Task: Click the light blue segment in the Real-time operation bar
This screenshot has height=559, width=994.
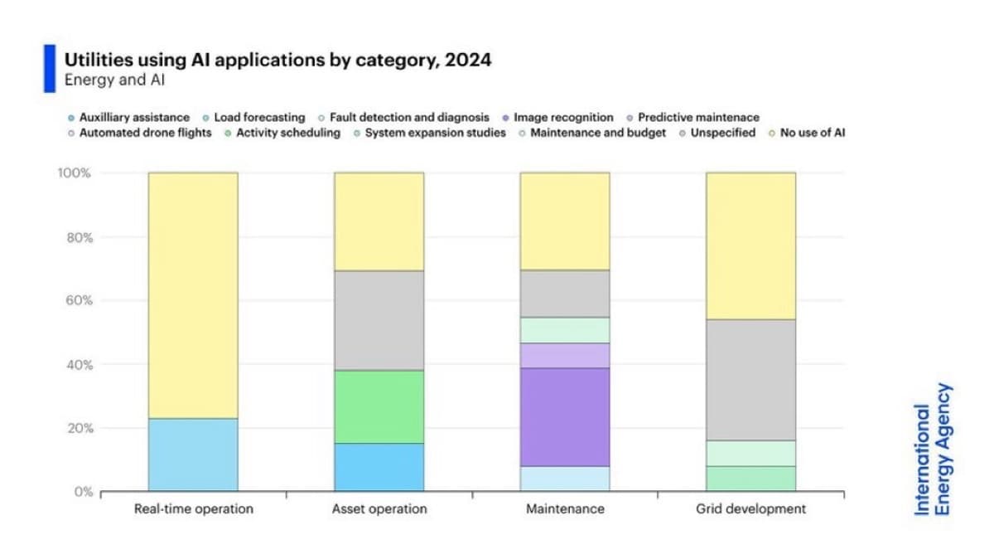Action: [x=193, y=454]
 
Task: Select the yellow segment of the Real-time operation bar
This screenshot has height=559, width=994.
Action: [x=193, y=294]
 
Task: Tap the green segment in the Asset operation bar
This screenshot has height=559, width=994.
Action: [x=379, y=406]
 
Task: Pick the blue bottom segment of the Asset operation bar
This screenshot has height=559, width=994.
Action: [x=379, y=467]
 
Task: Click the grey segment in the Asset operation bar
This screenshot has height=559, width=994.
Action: [x=379, y=320]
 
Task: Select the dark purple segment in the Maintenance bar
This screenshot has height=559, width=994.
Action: [x=564, y=416]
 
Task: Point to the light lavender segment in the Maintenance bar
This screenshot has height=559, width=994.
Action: [x=564, y=355]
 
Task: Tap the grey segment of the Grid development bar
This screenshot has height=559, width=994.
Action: [x=750, y=379]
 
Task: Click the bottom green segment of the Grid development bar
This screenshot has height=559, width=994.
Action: [x=750, y=479]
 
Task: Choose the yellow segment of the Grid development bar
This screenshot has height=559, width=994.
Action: [x=750, y=245]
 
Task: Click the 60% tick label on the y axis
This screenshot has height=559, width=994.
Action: [x=75, y=301]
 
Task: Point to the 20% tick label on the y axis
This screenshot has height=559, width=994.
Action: [x=75, y=429]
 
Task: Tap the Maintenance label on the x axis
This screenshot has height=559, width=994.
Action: [x=565, y=509]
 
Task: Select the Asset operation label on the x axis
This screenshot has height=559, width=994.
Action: [x=379, y=509]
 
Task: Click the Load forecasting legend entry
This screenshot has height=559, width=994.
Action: [x=258, y=118]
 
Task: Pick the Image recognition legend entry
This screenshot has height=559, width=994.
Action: [x=563, y=118]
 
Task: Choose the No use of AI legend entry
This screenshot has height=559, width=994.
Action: [x=811, y=133]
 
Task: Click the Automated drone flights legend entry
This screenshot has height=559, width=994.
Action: [x=144, y=133]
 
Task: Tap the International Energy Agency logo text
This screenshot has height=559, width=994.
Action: [x=933, y=448]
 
